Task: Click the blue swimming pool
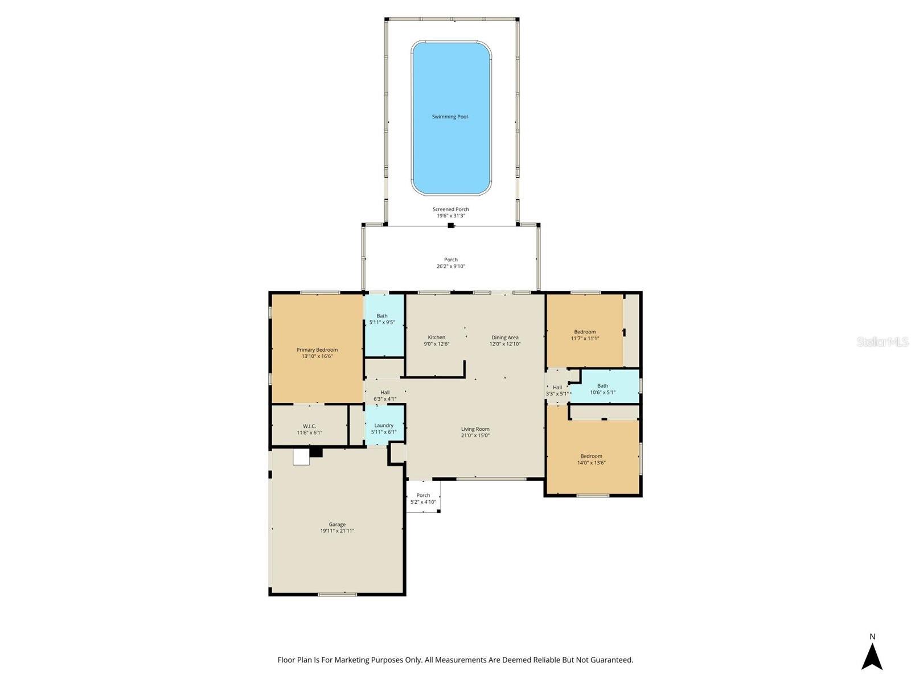click(x=451, y=118)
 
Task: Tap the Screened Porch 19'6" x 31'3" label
click(x=451, y=212)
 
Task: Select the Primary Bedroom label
click(x=317, y=353)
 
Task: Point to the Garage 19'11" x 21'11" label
click(x=337, y=528)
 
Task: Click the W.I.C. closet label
click(x=309, y=429)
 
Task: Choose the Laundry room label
click(x=384, y=429)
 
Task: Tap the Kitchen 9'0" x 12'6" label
click(x=436, y=340)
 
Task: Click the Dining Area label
click(x=504, y=340)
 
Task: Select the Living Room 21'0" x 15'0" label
click(x=475, y=432)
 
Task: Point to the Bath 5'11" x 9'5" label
click(x=382, y=319)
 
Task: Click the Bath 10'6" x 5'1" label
click(x=602, y=389)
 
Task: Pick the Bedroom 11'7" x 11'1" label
click(x=585, y=335)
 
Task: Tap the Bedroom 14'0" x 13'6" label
click(x=591, y=459)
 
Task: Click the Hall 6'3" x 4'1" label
click(x=385, y=396)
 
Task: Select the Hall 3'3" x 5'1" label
click(x=557, y=390)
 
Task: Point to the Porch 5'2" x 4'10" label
click(x=423, y=499)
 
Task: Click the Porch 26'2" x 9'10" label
click(x=451, y=263)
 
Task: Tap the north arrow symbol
click(x=872, y=656)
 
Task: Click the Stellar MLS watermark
click(x=883, y=341)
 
